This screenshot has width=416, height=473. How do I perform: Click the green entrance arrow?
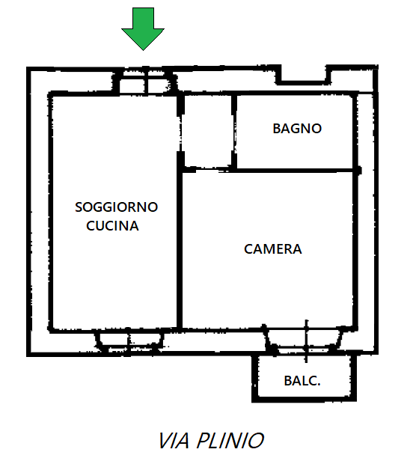143,28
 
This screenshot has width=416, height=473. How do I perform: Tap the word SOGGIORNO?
117,207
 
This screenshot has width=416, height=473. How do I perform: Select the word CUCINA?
112,225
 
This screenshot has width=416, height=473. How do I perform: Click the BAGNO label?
297,129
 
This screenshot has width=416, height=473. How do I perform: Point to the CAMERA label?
272,249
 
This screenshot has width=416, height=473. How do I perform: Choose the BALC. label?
302,381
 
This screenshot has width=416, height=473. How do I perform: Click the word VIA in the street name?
174,441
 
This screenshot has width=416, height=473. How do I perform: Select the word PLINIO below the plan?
230,441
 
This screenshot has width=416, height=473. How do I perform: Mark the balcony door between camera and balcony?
305,341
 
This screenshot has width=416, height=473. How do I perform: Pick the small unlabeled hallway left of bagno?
207,132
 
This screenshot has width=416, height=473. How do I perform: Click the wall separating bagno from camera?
294,171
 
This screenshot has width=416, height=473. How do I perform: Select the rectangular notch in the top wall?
304,76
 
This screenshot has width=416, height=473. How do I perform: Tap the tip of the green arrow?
143,50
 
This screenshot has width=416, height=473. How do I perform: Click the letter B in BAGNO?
277,129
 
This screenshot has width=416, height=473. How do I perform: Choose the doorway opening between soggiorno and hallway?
180,132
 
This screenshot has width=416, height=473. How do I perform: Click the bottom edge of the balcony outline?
304,400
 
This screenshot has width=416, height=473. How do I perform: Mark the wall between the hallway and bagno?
234,132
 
